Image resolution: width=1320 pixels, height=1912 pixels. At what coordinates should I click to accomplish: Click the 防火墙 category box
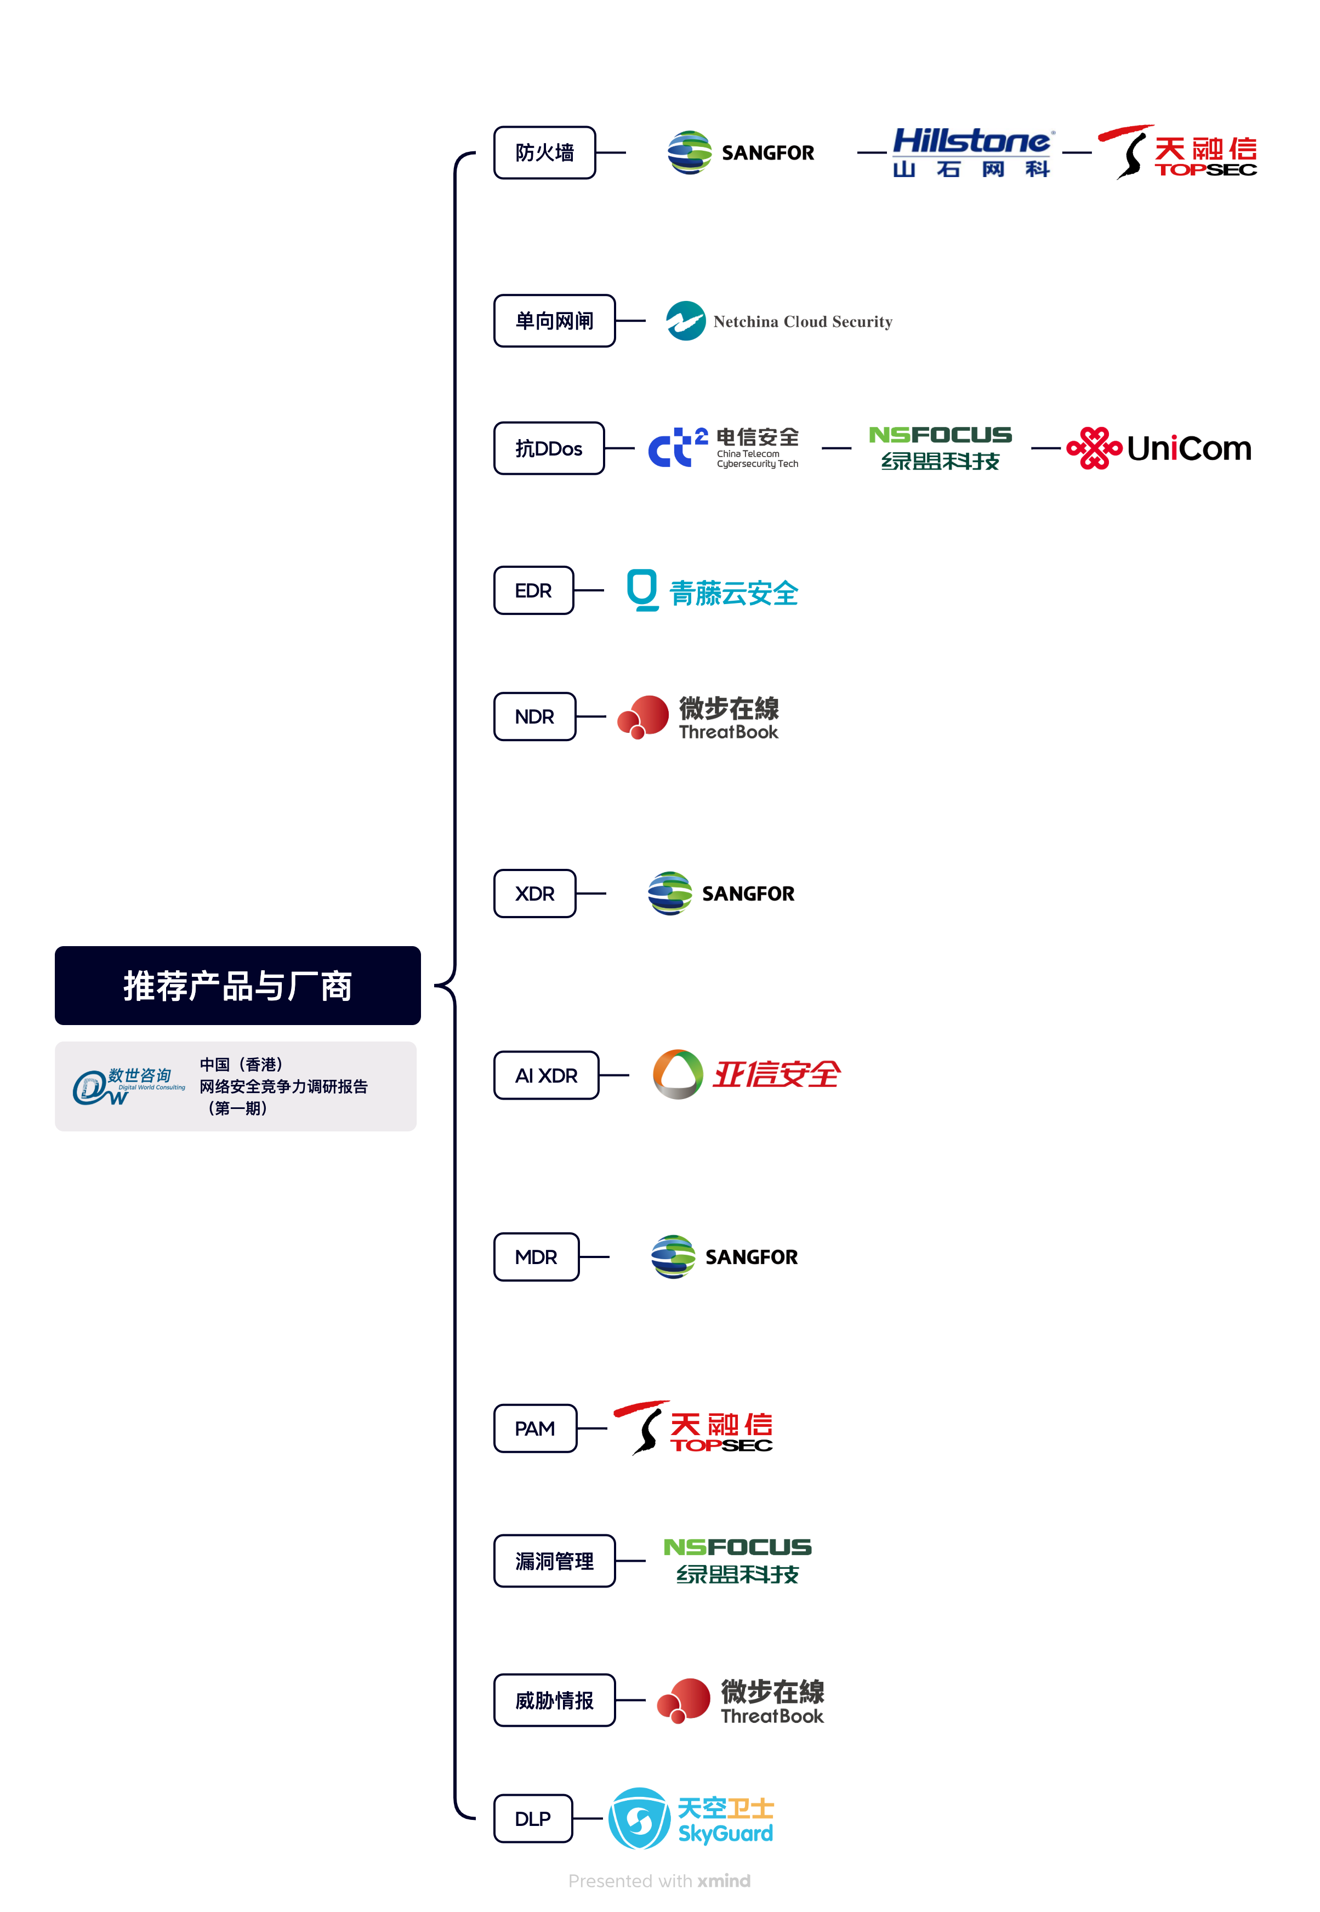(544, 153)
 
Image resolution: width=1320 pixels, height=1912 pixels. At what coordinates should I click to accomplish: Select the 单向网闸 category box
(554, 321)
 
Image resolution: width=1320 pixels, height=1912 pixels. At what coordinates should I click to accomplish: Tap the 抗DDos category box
(548, 448)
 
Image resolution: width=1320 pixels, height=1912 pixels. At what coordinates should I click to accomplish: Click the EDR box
(533, 590)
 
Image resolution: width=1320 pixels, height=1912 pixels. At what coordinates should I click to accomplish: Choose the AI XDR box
(546, 1075)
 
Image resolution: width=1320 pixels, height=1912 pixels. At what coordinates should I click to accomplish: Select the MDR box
(536, 1257)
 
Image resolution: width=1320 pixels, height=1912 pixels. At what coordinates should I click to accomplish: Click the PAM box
(535, 1428)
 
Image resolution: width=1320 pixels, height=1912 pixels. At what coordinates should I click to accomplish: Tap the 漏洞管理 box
(554, 1561)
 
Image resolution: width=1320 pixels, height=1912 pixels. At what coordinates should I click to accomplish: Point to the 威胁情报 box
(554, 1700)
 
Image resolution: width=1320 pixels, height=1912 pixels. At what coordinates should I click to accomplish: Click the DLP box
(533, 1819)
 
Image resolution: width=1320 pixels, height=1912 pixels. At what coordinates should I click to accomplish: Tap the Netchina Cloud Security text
(803, 322)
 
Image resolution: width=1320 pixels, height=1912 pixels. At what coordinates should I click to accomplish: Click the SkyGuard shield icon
(639, 1819)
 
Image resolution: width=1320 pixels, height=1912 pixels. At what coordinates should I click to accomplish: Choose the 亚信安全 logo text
(776, 1074)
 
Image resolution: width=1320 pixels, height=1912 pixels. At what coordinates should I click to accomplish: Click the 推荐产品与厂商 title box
(237, 986)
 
